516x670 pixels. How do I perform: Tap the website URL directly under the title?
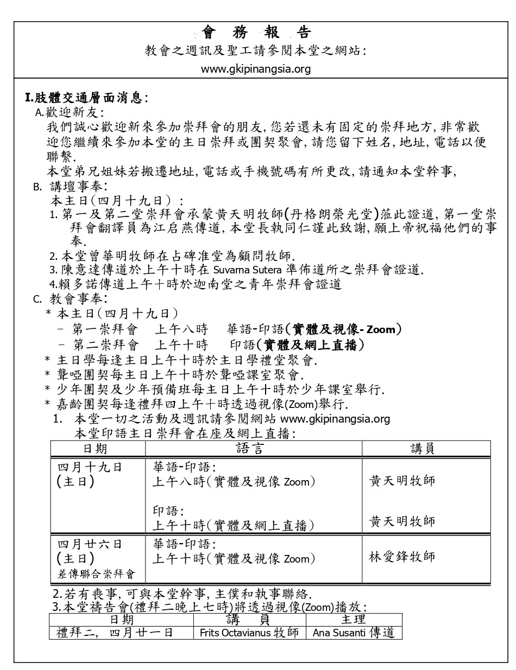256,69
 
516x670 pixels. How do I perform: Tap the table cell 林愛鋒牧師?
402,557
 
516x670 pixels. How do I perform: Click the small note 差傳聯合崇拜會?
96,574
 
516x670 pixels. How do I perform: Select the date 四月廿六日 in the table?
90,544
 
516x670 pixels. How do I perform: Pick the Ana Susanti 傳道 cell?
354,633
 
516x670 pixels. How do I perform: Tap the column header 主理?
354,619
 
